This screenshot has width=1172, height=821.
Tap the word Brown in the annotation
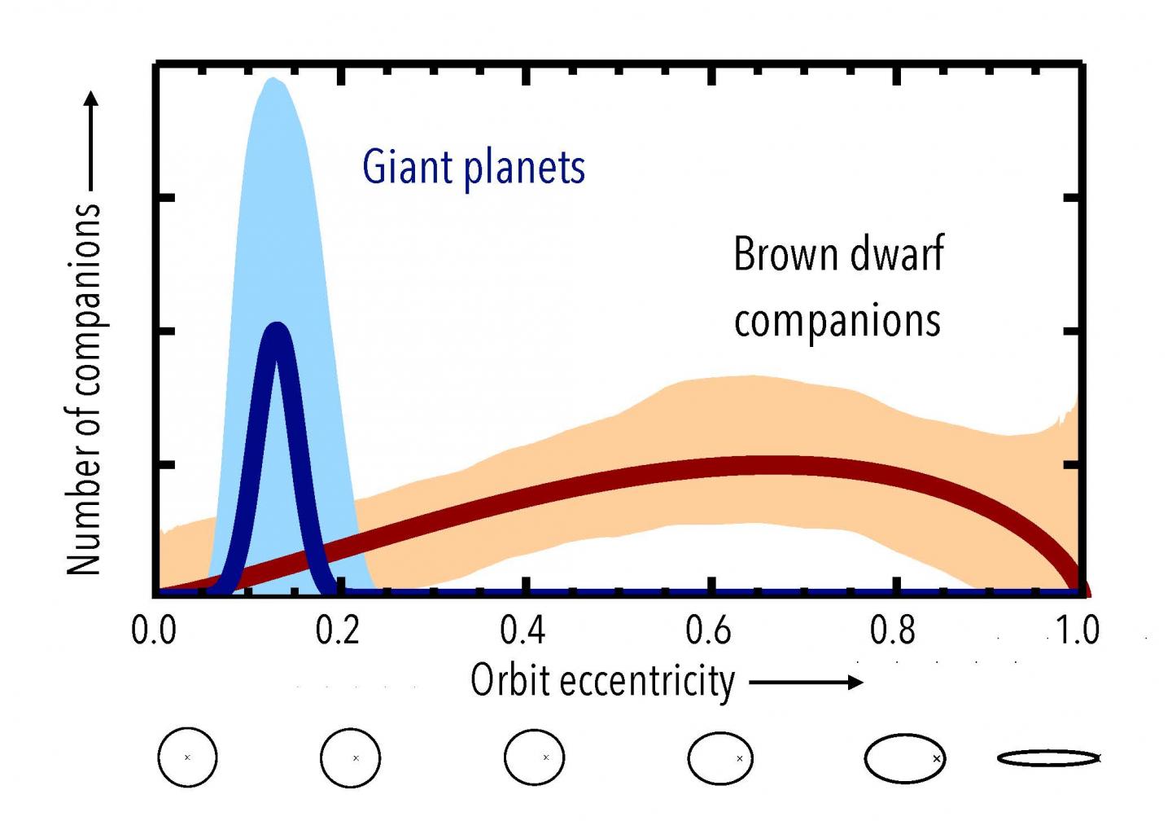(784, 254)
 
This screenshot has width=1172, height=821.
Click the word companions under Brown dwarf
(837, 321)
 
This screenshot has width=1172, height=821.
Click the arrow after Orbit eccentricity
(805, 683)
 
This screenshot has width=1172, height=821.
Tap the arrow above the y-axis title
(91, 138)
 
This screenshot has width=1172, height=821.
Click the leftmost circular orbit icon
(187, 757)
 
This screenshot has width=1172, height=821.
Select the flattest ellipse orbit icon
(1049, 757)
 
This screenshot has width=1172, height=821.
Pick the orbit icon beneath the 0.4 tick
(535, 757)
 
